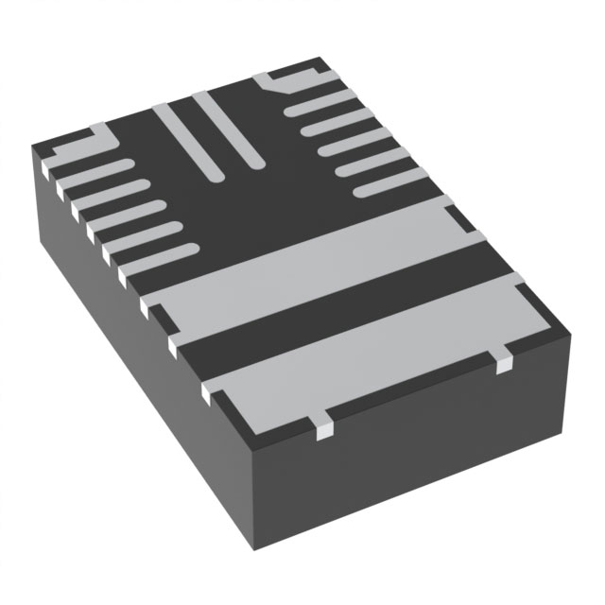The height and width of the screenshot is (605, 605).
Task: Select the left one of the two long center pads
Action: pos(189,142)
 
